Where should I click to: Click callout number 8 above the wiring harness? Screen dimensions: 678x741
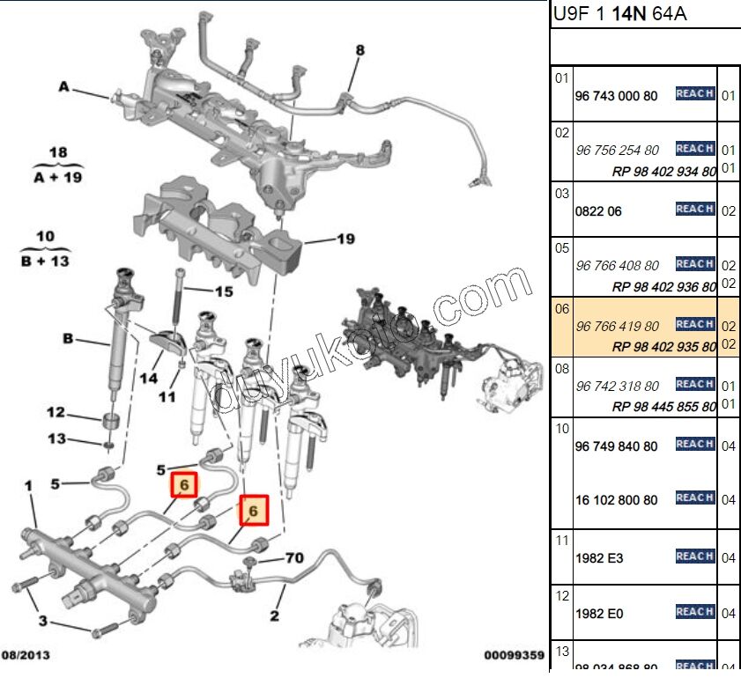coord(359,51)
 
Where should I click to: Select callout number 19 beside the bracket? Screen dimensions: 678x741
coord(345,239)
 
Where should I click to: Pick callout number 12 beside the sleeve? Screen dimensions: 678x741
coord(56,412)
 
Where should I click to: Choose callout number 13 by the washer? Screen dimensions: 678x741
coord(56,438)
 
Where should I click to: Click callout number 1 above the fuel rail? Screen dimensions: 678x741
coord(28,485)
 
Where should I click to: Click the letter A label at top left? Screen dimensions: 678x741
coord(63,86)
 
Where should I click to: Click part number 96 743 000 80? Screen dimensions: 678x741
coord(616,95)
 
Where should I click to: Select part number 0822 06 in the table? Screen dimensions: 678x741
coord(598,211)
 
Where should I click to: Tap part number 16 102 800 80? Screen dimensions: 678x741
coord(616,500)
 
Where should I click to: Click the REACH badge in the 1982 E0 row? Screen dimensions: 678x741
coord(694,611)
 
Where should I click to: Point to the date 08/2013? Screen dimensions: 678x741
coord(26,655)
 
